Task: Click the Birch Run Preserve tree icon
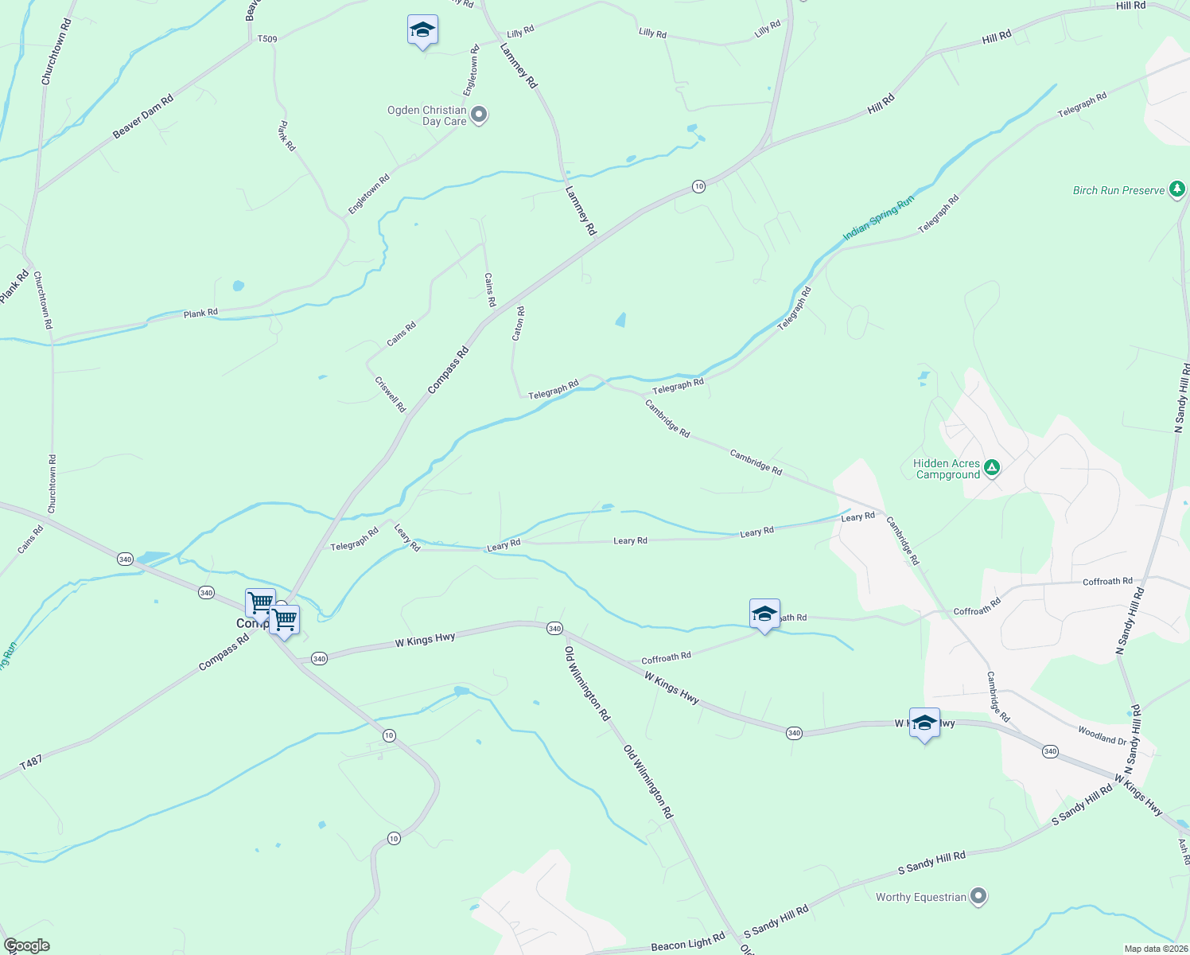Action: click(1177, 189)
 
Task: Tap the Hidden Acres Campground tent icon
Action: click(991, 467)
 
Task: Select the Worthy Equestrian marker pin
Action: click(979, 896)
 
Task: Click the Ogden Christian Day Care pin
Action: click(479, 115)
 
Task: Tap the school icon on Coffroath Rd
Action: click(764, 614)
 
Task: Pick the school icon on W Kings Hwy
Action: click(924, 723)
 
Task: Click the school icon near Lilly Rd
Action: click(422, 31)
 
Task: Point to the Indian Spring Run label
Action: click(878, 219)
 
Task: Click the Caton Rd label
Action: click(518, 324)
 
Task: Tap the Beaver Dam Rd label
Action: click(142, 118)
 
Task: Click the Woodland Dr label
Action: click(1102, 735)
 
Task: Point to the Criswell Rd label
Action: click(390, 393)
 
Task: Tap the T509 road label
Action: click(267, 38)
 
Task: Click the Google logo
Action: click(27, 945)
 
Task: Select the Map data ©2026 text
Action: click(1155, 949)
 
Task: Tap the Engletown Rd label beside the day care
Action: click(472, 71)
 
